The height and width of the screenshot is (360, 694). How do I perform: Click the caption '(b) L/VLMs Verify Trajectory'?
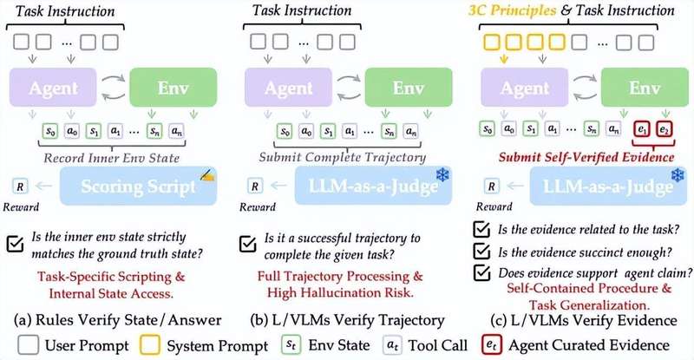pyautogui.click(x=347, y=317)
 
